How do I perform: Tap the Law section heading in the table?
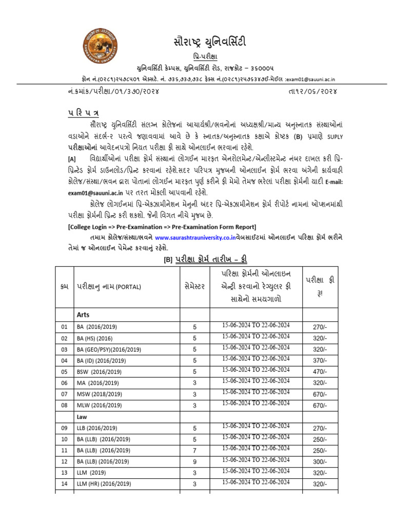[x=82, y=417]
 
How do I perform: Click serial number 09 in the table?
[x=64, y=428]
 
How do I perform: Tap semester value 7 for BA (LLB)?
[x=194, y=450]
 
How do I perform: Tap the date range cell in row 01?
[x=255, y=326]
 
